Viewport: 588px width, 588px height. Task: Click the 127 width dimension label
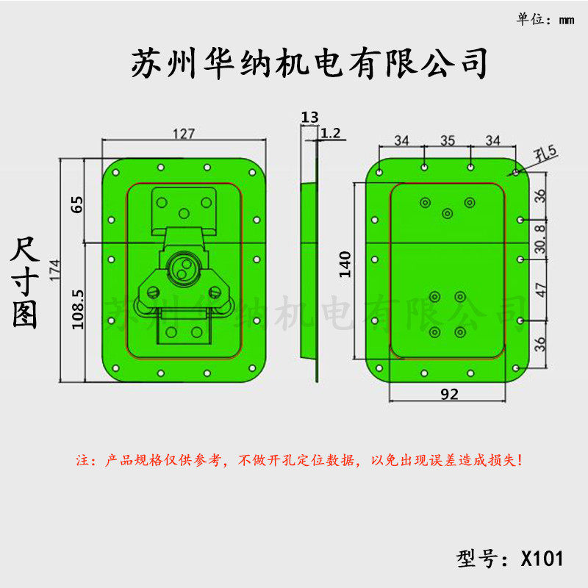[183, 134]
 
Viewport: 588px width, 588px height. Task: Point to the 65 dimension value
[76, 204]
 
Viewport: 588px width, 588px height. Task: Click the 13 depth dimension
[309, 117]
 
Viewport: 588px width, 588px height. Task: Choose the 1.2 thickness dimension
[331, 133]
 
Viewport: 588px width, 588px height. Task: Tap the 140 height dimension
[345, 264]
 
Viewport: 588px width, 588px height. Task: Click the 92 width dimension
[449, 394]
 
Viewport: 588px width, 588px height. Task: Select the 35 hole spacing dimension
[448, 140]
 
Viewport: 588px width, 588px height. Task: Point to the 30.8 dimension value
[540, 239]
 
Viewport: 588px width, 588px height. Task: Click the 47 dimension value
[540, 290]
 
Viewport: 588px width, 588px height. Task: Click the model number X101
[542, 559]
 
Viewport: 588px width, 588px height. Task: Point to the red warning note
[300, 461]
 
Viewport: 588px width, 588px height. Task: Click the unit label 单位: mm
[545, 20]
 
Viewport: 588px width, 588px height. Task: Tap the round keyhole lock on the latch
[182, 268]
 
